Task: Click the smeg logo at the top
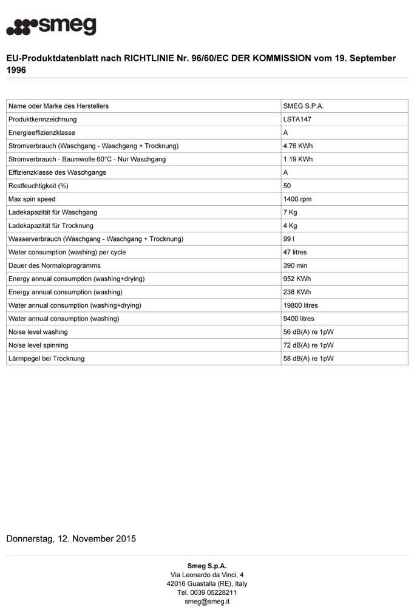(51, 27)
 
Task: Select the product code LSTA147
(297, 119)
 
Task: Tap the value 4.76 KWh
(298, 146)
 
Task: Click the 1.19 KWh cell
(298, 159)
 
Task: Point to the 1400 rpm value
(297, 199)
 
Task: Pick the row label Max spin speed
(32, 199)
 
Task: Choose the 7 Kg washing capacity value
(290, 212)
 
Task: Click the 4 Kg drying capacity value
(290, 226)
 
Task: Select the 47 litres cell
(295, 252)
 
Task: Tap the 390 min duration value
(296, 265)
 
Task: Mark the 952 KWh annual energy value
(297, 279)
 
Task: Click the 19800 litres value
(300, 305)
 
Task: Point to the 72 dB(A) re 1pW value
(308, 345)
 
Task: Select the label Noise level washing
(38, 332)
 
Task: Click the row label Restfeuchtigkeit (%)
(38, 186)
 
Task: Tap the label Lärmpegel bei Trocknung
(46, 359)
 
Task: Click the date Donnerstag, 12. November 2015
(71, 538)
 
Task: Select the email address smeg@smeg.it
(207, 602)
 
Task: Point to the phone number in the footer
(207, 592)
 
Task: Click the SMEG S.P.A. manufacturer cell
(304, 106)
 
